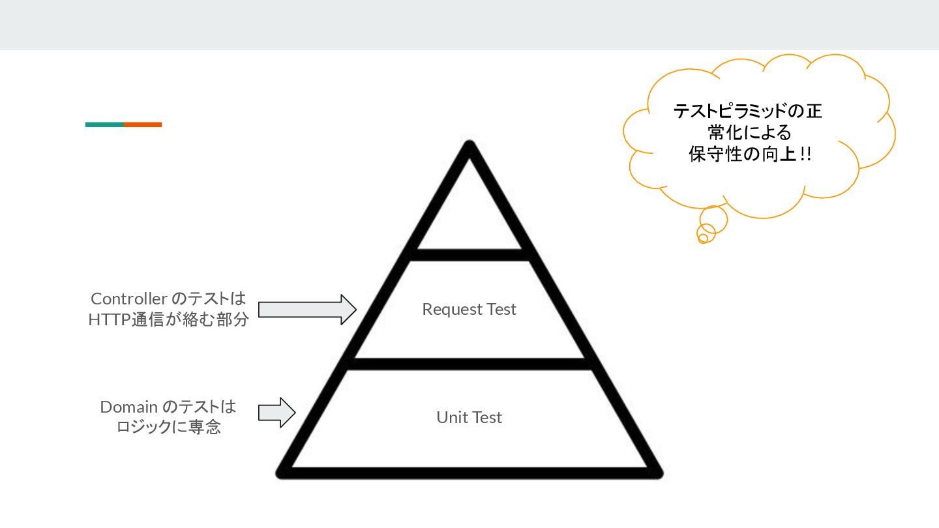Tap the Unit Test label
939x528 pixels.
[469, 417]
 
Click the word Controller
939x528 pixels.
[128, 299]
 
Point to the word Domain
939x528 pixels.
[128, 407]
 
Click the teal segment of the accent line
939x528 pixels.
[104, 125]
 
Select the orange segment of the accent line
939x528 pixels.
[143, 125]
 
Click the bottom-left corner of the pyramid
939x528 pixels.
[283, 472]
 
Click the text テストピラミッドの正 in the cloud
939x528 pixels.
[748, 111]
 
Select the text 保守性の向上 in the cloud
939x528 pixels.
[739, 155]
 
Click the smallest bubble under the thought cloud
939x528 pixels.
[703, 239]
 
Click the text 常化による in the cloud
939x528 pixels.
[749, 133]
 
